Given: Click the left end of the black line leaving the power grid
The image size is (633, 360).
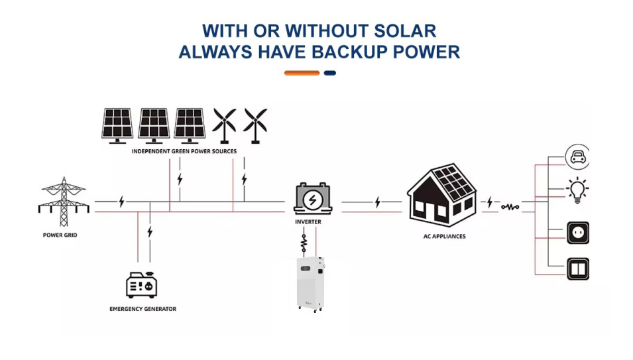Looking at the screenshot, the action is (95, 202).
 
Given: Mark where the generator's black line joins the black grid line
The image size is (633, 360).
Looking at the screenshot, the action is (150, 202).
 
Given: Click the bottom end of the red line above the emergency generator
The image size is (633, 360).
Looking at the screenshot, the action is (138, 262).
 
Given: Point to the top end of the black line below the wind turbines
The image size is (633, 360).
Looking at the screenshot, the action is (244, 158).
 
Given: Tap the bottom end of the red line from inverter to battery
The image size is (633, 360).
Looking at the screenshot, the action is (316, 257).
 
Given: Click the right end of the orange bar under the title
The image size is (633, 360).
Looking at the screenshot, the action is (319, 73).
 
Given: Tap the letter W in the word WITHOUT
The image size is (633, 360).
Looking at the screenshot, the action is (295, 31).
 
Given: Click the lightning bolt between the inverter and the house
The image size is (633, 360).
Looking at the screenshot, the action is (377, 202).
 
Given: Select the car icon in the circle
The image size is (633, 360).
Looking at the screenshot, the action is (577, 156).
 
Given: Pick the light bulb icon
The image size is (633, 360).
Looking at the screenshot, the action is (577, 190).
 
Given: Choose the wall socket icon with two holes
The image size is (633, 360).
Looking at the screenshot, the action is (578, 233).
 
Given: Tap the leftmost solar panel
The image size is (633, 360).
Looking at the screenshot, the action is (117, 125).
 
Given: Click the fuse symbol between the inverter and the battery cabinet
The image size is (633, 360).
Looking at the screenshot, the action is (304, 243).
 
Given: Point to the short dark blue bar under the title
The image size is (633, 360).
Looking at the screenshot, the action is (330, 73).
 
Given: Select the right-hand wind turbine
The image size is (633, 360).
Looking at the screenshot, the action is (255, 125).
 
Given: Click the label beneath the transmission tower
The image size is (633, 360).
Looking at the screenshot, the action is (60, 235).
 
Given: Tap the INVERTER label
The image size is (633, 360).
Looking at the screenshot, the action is (308, 221).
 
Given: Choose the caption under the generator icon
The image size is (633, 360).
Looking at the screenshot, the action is (143, 309).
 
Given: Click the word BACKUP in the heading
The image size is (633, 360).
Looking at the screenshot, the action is (349, 52).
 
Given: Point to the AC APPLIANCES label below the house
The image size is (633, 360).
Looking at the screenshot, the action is (445, 236).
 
